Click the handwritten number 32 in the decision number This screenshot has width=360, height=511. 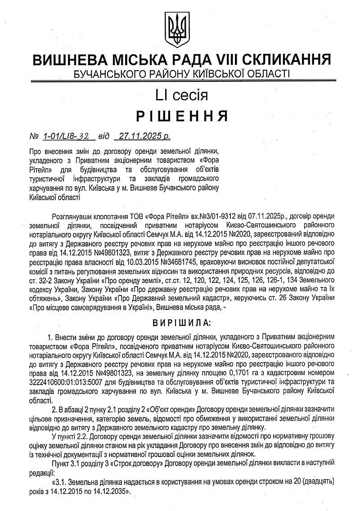tap(85, 135)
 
